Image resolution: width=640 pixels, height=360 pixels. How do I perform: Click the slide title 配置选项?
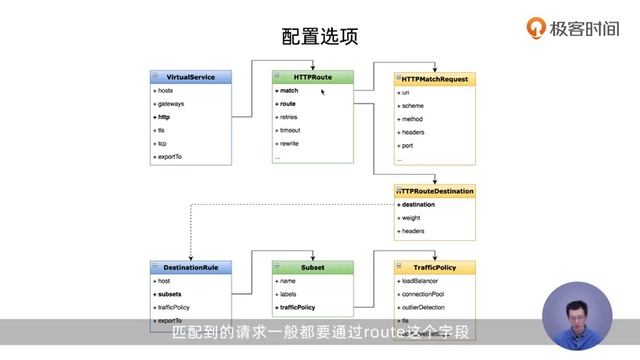coord(320,37)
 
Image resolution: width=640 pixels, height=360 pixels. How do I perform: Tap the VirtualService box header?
coord(190,76)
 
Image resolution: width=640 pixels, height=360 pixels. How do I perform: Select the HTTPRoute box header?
coord(313,76)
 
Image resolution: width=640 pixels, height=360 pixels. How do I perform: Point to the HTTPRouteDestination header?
coord(436,190)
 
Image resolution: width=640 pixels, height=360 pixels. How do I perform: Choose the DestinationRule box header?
coord(190,268)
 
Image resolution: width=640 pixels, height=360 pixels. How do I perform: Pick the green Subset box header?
coord(313,268)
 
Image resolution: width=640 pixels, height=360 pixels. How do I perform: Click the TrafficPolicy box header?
coord(435,268)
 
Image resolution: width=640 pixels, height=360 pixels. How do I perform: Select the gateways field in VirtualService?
coord(171,104)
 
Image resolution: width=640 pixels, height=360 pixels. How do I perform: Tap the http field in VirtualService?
coord(165,117)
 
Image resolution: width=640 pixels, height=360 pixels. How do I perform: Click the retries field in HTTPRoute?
coord(290,117)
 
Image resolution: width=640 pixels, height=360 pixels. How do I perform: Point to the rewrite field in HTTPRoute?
coord(290,144)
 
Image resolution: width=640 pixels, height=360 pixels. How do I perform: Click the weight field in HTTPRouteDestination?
coord(413,217)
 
